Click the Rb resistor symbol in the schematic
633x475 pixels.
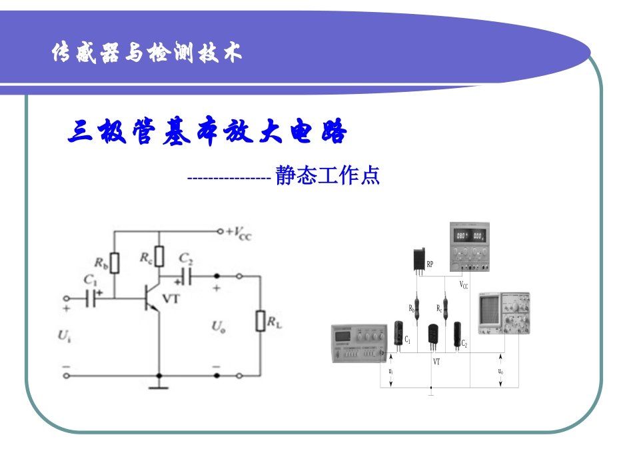(x=115, y=264)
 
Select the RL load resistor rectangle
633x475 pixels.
(x=260, y=320)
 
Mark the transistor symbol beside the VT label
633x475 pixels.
(x=151, y=299)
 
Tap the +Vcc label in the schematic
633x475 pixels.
(x=238, y=233)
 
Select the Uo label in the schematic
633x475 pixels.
(x=218, y=326)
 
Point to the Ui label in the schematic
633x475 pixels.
(x=64, y=335)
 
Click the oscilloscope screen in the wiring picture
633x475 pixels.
(x=489, y=313)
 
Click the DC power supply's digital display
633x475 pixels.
(x=469, y=236)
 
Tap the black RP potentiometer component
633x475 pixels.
(x=418, y=260)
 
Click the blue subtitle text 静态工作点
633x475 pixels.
(x=327, y=176)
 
